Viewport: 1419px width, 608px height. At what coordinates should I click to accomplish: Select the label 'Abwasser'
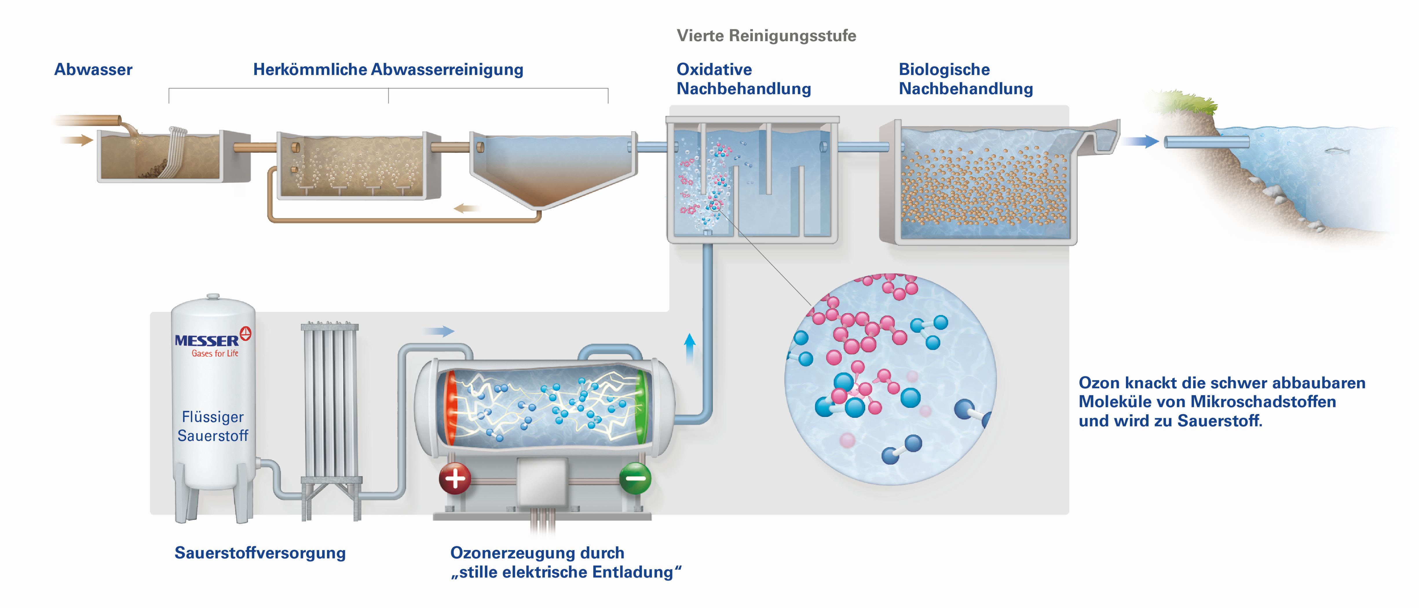[x=93, y=70]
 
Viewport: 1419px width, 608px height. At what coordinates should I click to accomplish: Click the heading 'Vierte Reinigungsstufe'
[x=766, y=36]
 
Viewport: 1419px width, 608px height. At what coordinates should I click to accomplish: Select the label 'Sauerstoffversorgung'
[x=260, y=553]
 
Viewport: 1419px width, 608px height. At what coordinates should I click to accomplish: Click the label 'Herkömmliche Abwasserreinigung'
[x=388, y=70]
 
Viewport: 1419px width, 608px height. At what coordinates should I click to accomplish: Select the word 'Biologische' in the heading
[x=944, y=70]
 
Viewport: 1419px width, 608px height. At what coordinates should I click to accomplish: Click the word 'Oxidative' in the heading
[x=714, y=70]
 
